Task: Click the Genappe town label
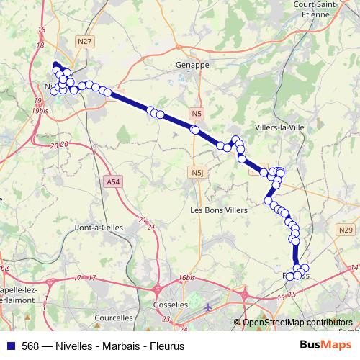click(x=192, y=64)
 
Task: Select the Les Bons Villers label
click(x=218, y=210)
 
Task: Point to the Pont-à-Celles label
click(x=99, y=227)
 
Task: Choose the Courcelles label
click(x=113, y=317)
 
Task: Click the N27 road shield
click(x=85, y=41)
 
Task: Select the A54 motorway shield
click(x=112, y=183)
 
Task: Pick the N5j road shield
click(x=199, y=172)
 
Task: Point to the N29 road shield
click(x=346, y=230)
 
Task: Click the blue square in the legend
click(x=10, y=346)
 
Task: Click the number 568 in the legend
click(x=31, y=346)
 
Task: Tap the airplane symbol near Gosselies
click(x=209, y=307)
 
